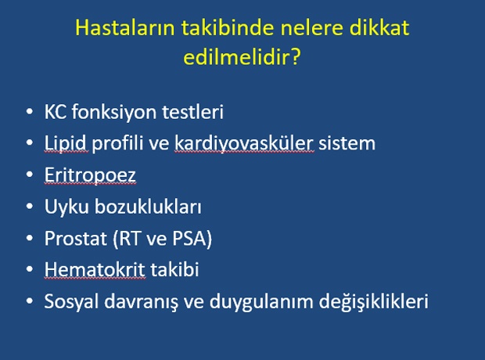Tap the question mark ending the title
(296, 56)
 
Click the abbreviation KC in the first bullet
(55, 112)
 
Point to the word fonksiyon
(114, 113)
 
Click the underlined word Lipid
(65, 144)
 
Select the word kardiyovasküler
(244, 144)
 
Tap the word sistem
(347, 144)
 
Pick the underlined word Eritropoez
(90, 175)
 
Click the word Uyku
(66, 207)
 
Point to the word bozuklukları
(148, 206)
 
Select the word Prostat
(75, 239)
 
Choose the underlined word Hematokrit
(95, 270)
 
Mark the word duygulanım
(261, 301)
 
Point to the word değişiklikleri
(374, 301)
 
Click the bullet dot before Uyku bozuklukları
(30, 206)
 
